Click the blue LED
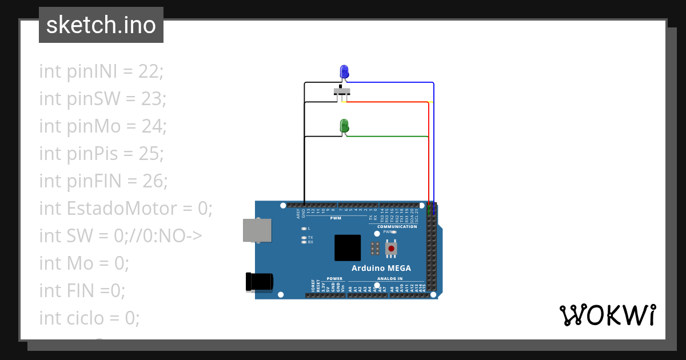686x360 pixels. pyautogui.click(x=344, y=72)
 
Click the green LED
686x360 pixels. pyautogui.click(x=344, y=126)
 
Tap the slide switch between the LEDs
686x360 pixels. pyautogui.click(x=342, y=92)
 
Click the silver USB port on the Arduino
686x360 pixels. pyautogui.click(x=257, y=230)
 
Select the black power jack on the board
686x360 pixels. pyautogui.click(x=258, y=282)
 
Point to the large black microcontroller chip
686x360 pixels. pyautogui.click(x=348, y=247)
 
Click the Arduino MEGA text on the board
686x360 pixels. pyautogui.click(x=381, y=268)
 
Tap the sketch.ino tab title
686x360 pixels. pyautogui.click(x=101, y=25)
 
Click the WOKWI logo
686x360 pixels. pyautogui.click(x=607, y=315)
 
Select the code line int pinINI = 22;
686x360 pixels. pyautogui.click(x=101, y=71)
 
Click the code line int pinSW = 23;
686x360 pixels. pyautogui.click(x=102, y=99)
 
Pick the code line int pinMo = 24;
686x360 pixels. pyautogui.click(x=103, y=126)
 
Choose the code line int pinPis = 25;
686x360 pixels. pyautogui.click(x=101, y=154)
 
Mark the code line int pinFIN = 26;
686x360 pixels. pyautogui.click(x=103, y=181)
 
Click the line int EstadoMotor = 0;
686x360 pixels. pyautogui.click(x=126, y=209)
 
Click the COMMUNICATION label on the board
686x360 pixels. pyautogui.click(x=397, y=227)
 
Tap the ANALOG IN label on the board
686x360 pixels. pyautogui.click(x=389, y=279)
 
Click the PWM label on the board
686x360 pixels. pyautogui.click(x=336, y=218)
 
